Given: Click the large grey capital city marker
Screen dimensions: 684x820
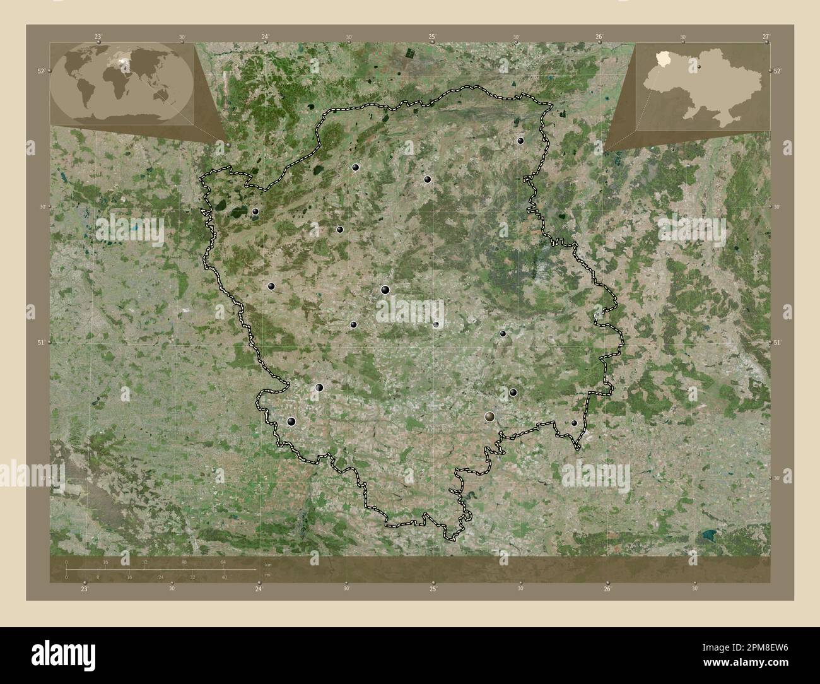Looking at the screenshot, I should pyautogui.click(x=490, y=416).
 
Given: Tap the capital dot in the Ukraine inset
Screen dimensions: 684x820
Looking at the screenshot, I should pyautogui.click(x=700, y=66).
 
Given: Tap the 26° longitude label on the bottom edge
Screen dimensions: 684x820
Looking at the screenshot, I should pyautogui.click(x=607, y=589).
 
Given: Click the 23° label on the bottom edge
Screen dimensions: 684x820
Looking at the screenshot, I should pyautogui.click(x=85, y=589).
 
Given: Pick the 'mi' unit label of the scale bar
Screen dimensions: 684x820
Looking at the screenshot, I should pyautogui.click(x=268, y=574).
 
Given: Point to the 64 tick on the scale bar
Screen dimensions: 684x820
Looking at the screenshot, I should pyautogui.click(x=223, y=562).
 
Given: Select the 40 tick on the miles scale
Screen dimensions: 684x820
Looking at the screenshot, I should pyautogui.click(x=224, y=577).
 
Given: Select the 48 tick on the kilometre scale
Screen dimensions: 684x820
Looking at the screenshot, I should pyautogui.click(x=184, y=562).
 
